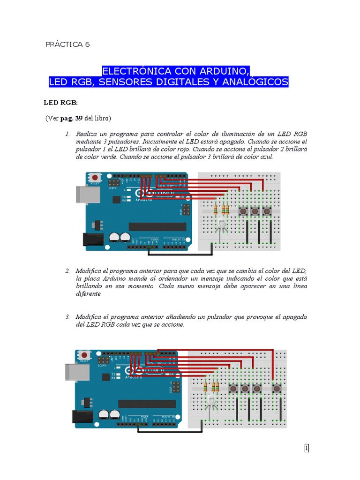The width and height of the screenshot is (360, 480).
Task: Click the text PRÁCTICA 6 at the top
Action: click(x=67, y=45)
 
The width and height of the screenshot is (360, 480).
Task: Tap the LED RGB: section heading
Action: click(x=60, y=102)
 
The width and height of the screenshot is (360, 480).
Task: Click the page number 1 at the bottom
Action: click(x=307, y=448)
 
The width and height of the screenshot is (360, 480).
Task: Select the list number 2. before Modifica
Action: click(x=67, y=271)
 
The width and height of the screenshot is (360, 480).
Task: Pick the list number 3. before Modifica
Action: click(x=67, y=317)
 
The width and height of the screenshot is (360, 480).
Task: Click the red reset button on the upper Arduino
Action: click(x=96, y=178)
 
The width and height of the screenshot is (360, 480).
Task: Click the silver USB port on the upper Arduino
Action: click(x=84, y=195)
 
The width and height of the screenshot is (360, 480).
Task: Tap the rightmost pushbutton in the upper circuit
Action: click(x=267, y=211)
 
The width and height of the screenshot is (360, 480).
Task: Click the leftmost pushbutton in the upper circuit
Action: click(x=243, y=211)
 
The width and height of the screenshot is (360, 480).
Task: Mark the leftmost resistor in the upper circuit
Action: click(x=215, y=209)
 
